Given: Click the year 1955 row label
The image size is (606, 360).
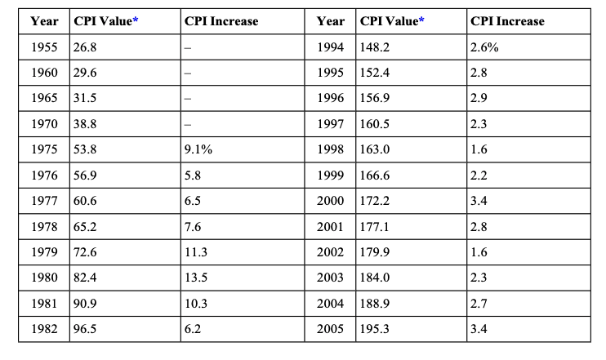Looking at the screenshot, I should [44, 47].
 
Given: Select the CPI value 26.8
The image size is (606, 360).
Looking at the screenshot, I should [86, 47].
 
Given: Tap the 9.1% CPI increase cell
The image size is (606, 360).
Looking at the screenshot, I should [198, 149].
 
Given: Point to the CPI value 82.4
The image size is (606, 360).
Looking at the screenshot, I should [86, 278].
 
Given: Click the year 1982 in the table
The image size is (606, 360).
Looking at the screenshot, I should [44, 329].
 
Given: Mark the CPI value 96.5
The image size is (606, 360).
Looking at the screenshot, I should [86, 329].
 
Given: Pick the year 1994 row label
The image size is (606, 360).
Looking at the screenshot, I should [330, 47].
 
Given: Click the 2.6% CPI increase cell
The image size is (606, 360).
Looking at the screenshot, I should [484, 47].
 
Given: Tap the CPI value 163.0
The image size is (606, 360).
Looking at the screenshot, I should [375, 149].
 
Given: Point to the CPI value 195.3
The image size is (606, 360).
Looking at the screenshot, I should [375, 329].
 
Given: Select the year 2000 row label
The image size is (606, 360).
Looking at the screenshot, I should [330, 201].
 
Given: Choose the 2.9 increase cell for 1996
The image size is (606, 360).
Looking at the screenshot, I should [479, 99].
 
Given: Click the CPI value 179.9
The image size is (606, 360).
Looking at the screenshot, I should [375, 252].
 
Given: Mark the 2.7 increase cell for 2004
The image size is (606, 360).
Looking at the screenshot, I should [479, 304].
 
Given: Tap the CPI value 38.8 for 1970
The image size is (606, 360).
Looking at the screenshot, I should [86, 124].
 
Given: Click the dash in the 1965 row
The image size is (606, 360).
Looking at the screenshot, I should [188, 99].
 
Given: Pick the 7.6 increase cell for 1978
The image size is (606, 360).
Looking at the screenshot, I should [194, 226].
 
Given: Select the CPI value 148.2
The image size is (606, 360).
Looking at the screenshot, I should [375, 47].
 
